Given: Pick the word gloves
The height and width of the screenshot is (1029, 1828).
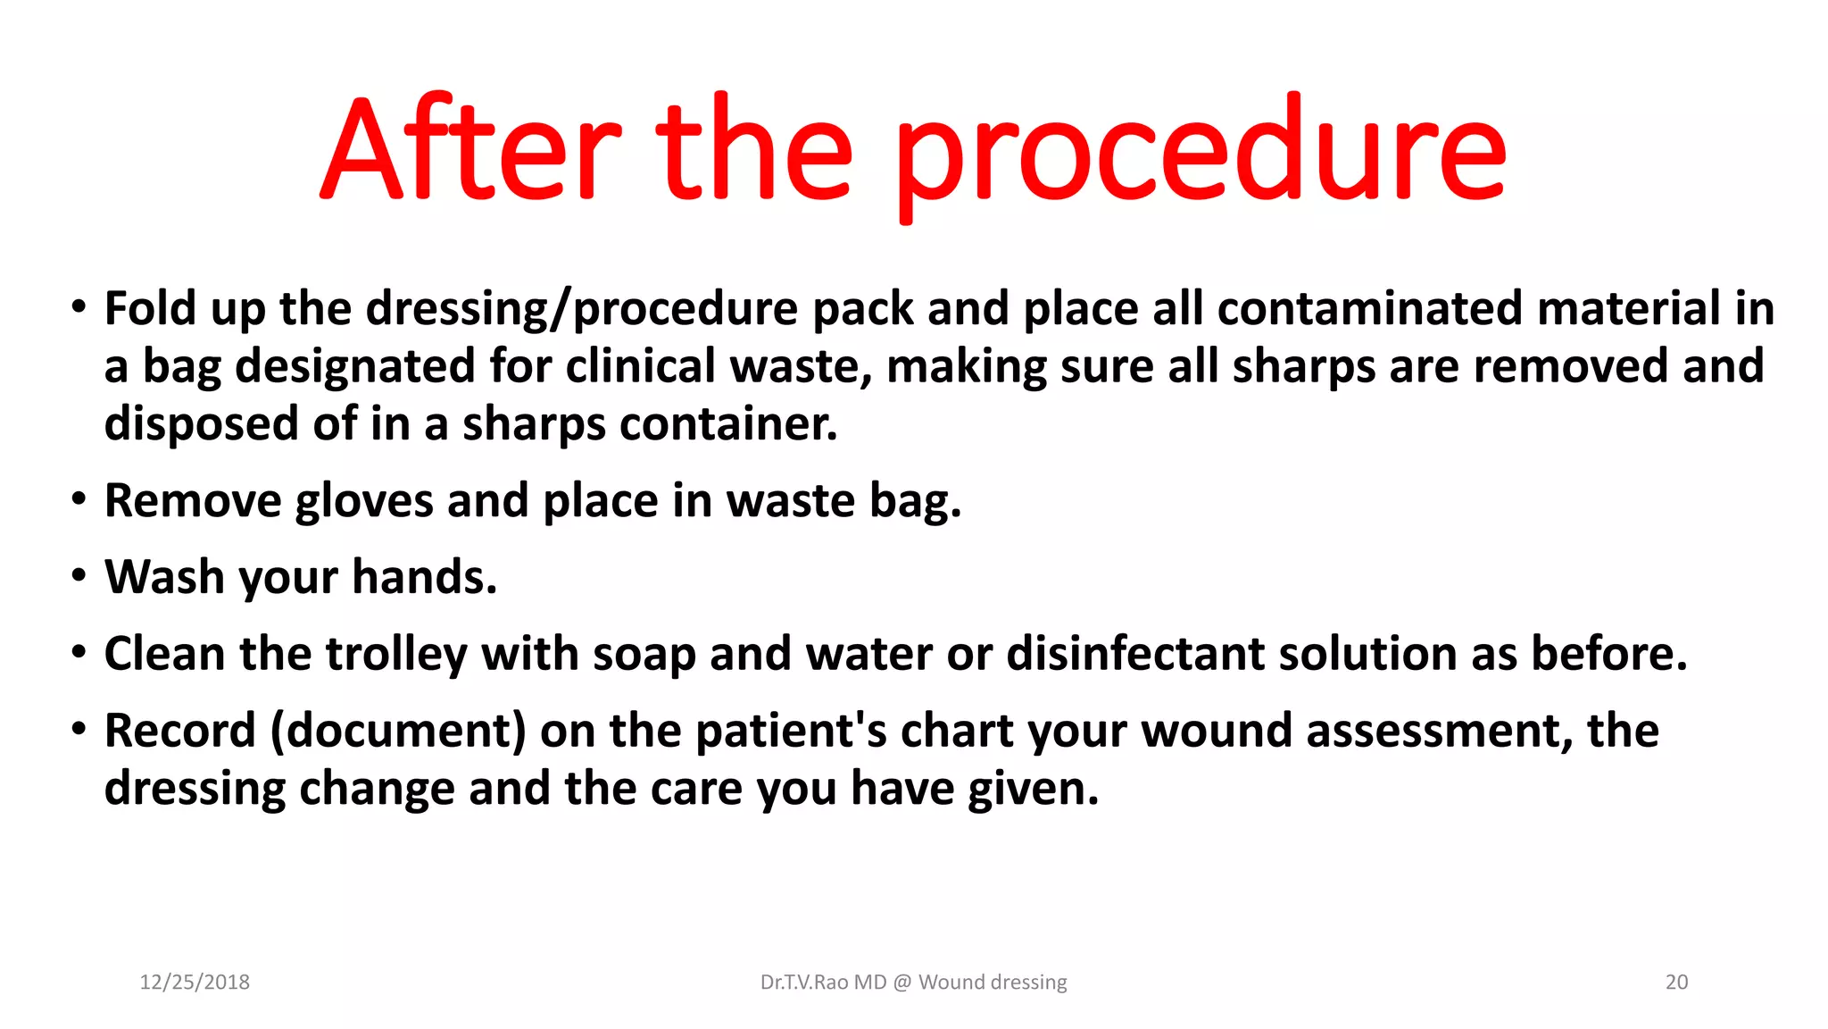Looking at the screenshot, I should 364,500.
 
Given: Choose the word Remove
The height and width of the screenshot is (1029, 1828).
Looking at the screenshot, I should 193,500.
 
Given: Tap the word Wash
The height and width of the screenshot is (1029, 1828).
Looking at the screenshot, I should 164,577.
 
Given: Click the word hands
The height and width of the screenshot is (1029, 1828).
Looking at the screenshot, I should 424,577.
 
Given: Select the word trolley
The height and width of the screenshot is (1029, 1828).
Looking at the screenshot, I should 396,654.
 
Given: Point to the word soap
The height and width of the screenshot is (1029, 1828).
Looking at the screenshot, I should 644,654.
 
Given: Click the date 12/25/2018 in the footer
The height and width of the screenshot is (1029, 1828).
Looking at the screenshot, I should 195,983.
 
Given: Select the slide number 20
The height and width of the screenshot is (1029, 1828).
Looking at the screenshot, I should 1676,983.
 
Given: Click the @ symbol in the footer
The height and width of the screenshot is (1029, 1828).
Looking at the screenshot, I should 902,983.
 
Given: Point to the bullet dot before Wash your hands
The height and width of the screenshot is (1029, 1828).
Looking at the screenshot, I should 79,575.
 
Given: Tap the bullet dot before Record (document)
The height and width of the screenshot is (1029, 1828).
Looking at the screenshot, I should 79,729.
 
